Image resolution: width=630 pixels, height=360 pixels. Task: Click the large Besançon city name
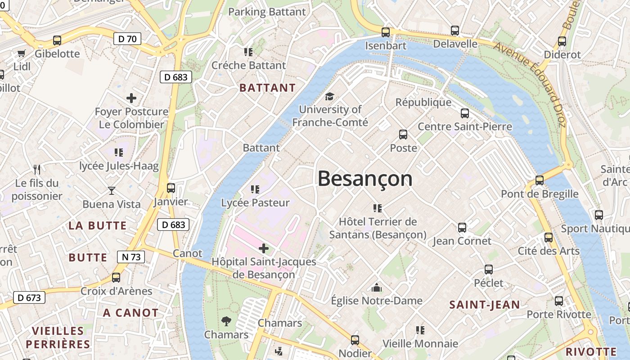coord(365,179)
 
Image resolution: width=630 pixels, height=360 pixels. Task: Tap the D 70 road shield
coord(127,39)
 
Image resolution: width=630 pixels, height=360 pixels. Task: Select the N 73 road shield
coord(131,257)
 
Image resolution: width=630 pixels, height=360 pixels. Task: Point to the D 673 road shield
coord(29,297)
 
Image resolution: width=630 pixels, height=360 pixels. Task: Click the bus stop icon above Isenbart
coord(386,32)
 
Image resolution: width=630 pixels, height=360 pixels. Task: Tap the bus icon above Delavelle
coord(455,31)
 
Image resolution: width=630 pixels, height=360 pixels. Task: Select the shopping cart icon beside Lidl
coord(21,54)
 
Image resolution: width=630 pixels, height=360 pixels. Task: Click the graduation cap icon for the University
coord(330,97)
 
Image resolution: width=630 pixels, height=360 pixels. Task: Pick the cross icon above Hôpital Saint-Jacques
coord(264,248)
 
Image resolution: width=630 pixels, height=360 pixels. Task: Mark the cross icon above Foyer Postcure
coord(131,98)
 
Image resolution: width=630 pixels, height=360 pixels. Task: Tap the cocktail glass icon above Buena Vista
coord(112,191)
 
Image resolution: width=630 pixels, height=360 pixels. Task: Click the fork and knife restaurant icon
coord(37,170)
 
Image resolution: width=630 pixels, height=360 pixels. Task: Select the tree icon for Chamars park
coord(226,321)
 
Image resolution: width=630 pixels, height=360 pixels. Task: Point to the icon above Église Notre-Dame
coord(377,288)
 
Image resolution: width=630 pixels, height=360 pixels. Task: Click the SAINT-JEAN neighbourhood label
coord(485,305)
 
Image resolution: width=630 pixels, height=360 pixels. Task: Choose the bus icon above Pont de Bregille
coord(540,180)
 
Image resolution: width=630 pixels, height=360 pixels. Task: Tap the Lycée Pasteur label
coord(255,203)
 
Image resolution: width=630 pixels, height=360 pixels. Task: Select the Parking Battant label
coord(267,12)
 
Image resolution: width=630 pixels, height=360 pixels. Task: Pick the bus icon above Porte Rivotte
coord(559,301)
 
